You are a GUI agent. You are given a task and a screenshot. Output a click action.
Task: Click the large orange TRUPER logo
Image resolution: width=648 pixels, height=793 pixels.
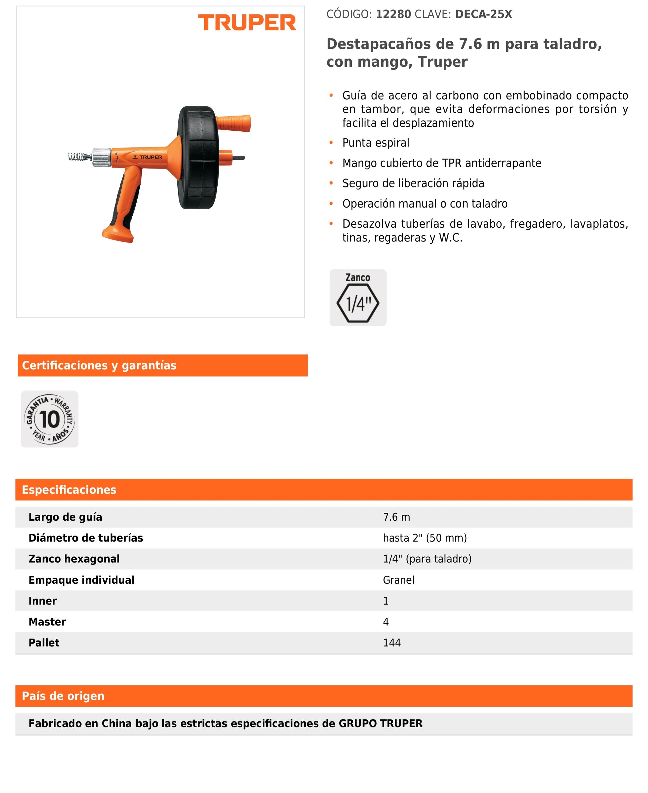(x=247, y=22)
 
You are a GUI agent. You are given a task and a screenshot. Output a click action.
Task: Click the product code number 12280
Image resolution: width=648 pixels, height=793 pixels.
(x=393, y=14)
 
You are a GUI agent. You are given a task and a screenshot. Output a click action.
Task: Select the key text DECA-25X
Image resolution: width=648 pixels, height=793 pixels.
(x=484, y=14)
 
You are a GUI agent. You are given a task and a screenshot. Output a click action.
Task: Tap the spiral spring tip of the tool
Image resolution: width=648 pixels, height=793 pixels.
(x=79, y=157)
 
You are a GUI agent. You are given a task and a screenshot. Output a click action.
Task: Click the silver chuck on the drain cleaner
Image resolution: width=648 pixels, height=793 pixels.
(x=102, y=157)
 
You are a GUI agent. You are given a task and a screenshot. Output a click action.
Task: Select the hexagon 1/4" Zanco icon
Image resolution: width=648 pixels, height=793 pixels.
(x=358, y=302)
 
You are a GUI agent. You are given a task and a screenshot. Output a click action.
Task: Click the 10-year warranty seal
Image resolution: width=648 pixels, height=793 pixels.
(x=50, y=419)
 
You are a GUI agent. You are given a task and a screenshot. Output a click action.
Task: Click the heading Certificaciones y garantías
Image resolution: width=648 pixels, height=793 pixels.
(x=99, y=365)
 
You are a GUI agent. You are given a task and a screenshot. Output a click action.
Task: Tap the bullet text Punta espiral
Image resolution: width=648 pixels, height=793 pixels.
(x=376, y=143)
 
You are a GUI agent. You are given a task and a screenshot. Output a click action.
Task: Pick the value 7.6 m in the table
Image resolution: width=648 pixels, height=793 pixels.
(x=396, y=517)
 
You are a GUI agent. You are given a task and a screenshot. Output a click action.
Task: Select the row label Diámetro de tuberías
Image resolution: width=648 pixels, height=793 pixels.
(x=86, y=538)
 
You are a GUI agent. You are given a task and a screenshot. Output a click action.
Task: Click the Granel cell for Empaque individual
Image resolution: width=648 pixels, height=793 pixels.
(x=398, y=580)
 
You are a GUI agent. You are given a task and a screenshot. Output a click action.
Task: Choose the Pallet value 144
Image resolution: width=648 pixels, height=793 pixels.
(x=392, y=642)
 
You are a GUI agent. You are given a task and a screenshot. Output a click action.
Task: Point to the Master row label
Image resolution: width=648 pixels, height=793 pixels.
(x=47, y=621)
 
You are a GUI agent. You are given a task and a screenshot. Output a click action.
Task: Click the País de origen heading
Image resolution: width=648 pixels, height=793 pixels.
(x=63, y=696)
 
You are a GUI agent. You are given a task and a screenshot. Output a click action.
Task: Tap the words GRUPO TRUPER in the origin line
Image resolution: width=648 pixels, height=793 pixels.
(x=380, y=724)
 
